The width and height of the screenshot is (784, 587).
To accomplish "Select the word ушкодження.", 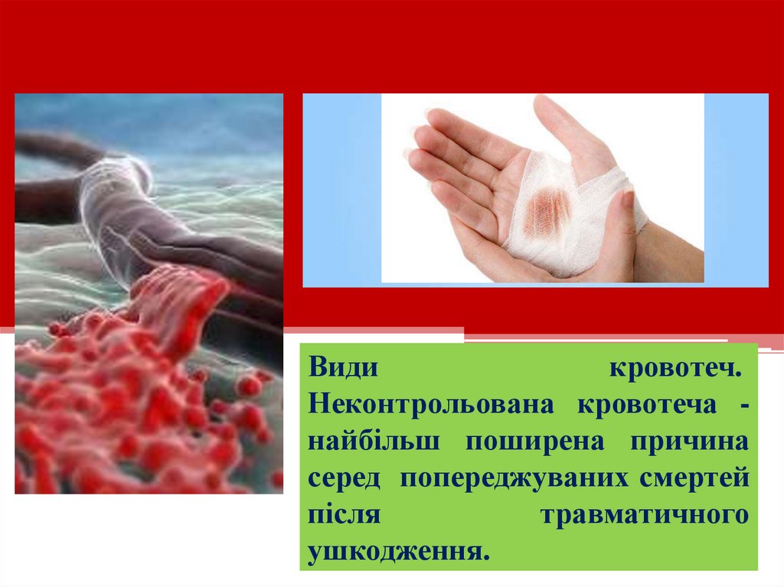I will pyautogui.click(x=398, y=552).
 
